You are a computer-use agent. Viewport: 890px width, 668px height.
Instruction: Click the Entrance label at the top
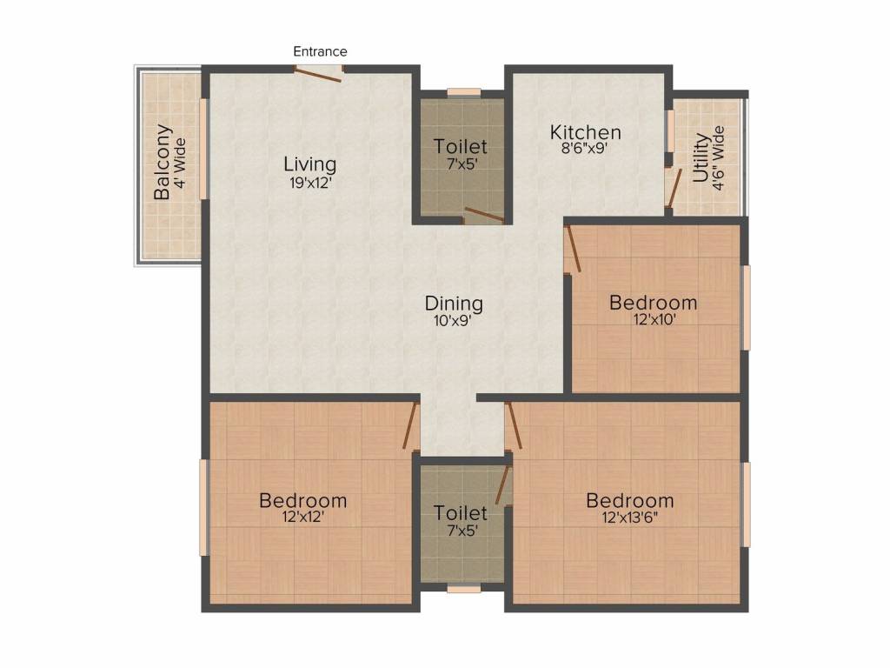click(x=320, y=51)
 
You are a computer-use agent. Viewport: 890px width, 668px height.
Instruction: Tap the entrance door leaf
click(x=317, y=75)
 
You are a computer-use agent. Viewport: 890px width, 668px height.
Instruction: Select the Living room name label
click(x=310, y=164)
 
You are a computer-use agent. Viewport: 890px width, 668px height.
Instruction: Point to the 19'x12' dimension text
click(x=310, y=183)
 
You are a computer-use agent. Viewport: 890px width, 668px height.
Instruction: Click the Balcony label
click(x=163, y=162)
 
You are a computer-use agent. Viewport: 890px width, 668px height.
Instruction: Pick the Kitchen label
click(x=585, y=132)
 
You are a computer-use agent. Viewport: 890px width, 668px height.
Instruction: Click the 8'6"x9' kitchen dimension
click(x=584, y=149)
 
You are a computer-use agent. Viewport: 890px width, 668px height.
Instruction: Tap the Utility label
click(x=701, y=157)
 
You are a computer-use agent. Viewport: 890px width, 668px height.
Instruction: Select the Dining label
click(x=454, y=304)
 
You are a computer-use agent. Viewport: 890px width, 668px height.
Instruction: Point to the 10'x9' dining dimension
click(x=453, y=321)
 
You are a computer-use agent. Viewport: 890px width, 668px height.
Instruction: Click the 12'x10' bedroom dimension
click(x=654, y=319)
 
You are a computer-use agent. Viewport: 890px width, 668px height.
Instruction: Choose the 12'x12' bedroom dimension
click(x=303, y=517)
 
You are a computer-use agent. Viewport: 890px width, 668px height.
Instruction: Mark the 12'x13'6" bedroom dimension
click(x=630, y=517)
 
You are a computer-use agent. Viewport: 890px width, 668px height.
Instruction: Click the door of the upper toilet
click(x=484, y=216)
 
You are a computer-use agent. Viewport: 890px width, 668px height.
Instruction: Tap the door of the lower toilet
click(x=503, y=485)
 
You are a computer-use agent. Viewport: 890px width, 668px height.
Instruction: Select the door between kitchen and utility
click(x=674, y=189)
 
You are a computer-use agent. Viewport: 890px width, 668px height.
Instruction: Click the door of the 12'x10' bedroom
click(x=573, y=248)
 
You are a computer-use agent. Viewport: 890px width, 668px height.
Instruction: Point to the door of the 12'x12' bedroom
click(x=411, y=425)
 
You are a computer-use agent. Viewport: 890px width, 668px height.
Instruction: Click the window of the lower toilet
click(x=464, y=590)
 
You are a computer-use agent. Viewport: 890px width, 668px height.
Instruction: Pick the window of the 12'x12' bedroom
click(x=203, y=508)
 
